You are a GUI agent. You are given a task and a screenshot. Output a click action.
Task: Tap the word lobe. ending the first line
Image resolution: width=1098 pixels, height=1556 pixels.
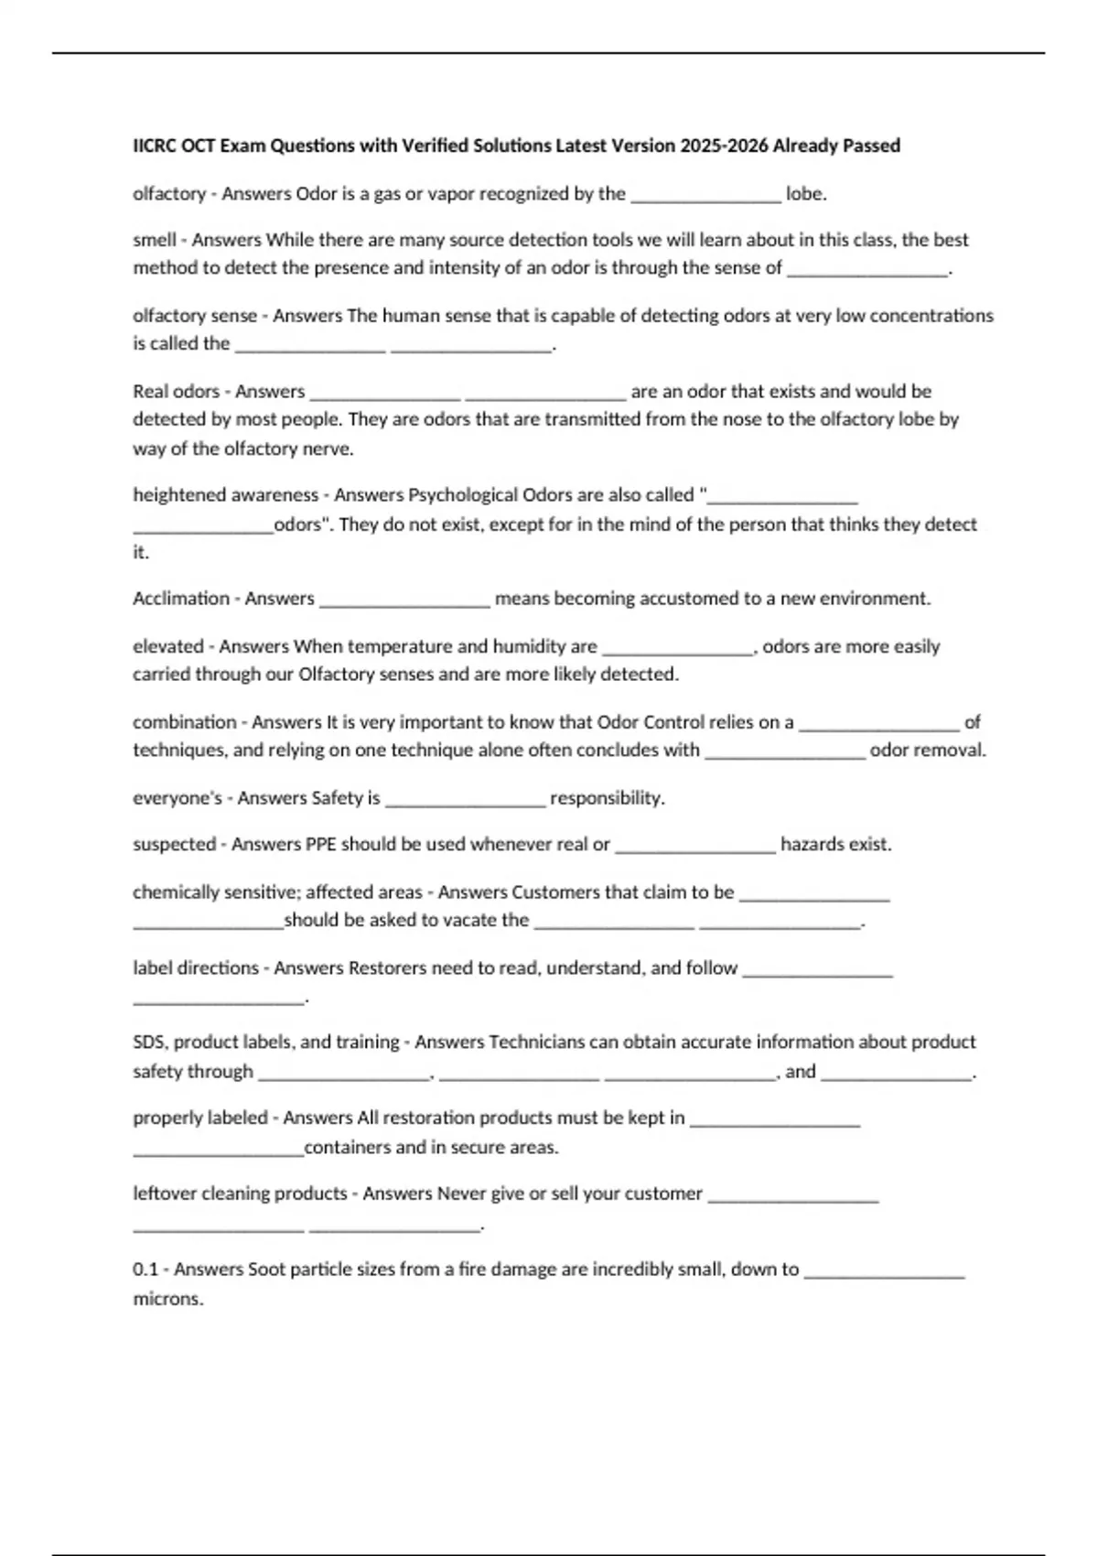tap(806, 194)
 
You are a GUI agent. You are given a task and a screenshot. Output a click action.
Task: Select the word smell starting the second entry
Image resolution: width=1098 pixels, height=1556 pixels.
tap(155, 240)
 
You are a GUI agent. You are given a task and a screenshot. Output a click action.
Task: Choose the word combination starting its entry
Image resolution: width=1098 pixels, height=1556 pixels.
tap(185, 722)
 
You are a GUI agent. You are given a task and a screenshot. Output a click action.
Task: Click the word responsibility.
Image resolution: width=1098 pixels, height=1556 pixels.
tap(607, 798)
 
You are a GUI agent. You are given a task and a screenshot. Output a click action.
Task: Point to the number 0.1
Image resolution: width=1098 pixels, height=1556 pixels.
tap(145, 1270)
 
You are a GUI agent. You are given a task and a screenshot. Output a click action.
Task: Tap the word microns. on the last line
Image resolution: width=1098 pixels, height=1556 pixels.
tap(168, 1300)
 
